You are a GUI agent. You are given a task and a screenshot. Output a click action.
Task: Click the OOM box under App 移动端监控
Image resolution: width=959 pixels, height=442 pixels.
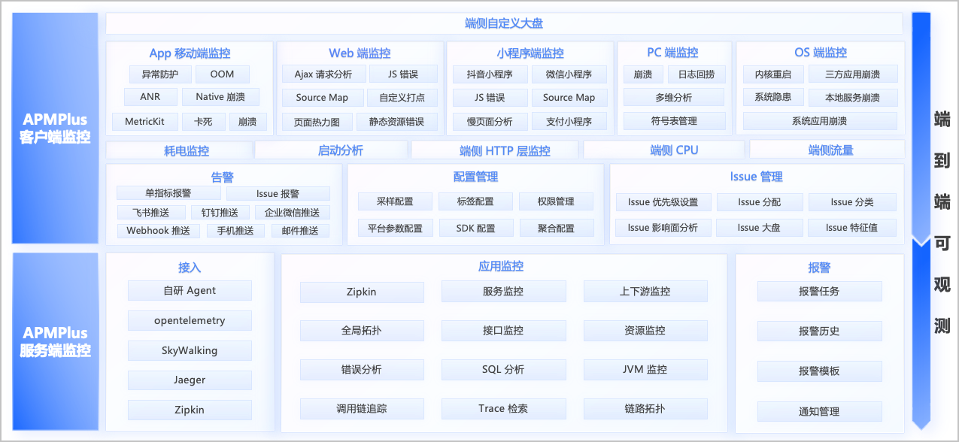click(222, 74)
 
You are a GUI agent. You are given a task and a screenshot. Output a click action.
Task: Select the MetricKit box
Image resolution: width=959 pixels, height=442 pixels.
click(144, 122)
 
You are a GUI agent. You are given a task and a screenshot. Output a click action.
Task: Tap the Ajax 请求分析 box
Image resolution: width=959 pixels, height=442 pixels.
click(323, 74)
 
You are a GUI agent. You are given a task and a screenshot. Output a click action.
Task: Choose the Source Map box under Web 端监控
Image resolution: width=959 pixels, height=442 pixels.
click(323, 98)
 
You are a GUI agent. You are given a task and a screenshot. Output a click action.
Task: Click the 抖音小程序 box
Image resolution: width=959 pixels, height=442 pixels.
click(490, 74)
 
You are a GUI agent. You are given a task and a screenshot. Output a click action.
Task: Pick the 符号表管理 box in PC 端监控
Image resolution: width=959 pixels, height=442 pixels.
click(674, 121)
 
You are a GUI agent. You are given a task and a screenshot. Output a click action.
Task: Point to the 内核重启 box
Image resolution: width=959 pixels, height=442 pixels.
click(773, 74)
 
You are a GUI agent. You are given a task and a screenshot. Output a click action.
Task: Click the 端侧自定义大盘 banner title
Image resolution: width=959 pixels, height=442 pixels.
click(504, 23)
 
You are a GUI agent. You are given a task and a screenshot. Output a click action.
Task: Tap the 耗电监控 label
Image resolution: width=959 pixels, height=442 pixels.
click(187, 150)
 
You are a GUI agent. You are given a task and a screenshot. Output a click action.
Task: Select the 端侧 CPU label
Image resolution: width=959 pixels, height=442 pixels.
click(674, 150)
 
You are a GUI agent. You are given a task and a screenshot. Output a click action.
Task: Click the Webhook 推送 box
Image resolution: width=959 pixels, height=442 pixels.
click(159, 231)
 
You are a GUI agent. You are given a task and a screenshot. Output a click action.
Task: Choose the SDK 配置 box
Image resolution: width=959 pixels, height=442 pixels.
click(475, 228)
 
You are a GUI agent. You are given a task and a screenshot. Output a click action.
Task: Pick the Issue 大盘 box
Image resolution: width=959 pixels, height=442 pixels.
click(759, 228)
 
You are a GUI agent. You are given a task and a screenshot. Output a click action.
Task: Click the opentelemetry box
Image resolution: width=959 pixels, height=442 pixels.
click(190, 320)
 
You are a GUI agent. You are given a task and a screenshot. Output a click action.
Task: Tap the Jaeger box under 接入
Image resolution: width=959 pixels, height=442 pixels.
click(190, 380)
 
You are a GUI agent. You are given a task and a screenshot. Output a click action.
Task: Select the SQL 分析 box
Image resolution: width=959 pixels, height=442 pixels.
click(503, 369)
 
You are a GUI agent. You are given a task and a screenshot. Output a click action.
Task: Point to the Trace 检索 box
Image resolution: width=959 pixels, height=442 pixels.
click(503, 409)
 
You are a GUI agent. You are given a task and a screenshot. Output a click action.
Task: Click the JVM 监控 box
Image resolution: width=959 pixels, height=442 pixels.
click(645, 369)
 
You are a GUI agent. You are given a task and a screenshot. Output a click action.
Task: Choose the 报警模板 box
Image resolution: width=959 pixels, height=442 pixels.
click(819, 371)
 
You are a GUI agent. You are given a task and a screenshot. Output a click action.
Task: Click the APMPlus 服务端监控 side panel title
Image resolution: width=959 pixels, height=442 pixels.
click(55, 341)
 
